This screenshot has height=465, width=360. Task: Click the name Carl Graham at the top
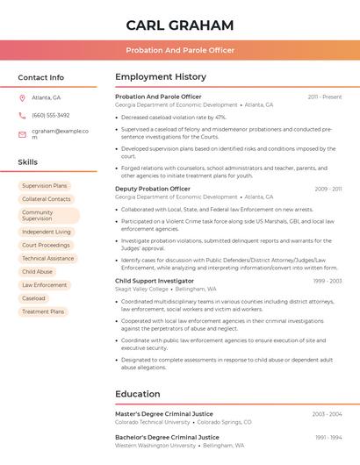(x=179, y=25)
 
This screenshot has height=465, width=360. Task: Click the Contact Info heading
(x=40, y=77)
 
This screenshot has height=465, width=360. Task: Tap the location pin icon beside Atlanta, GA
(x=22, y=97)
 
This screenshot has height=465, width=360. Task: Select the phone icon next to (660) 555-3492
(x=22, y=115)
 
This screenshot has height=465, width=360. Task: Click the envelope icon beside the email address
(x=22, y=134)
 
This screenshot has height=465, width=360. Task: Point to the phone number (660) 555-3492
(x=51, y=115)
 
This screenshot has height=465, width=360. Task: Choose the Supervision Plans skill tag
(x=44, y=186)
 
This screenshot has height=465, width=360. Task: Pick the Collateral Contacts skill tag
(x=46, y=199)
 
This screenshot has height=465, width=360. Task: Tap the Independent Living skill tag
(x=46, y=232)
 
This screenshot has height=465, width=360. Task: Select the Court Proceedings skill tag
(x=46, y=245)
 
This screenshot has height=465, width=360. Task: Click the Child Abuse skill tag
(x=37, y=272)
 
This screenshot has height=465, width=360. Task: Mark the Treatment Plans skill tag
(x=43, y=311)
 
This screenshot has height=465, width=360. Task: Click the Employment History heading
(x=161, y=77)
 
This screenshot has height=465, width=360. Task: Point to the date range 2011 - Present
(x=324, y=97)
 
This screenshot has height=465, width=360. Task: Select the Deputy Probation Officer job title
(x=153, y=189)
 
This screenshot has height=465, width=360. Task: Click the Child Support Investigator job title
(x=155, y=281)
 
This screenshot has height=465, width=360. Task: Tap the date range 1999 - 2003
(x=327, y=281)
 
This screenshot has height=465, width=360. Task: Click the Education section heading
(x=137, y=394)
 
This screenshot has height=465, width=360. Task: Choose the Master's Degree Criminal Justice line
(x=164, y=414)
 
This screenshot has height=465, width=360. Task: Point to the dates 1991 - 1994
(x=328, y=437)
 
